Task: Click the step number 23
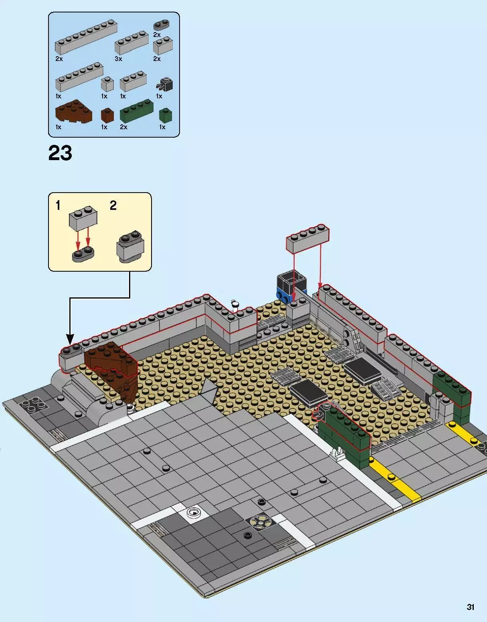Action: [x=60, y=153]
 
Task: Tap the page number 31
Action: [x=470, y=607]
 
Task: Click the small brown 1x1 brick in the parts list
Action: [x=107, y=116]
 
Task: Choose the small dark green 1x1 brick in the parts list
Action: [x=166, y=116]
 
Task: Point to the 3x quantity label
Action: [x=118, y=59]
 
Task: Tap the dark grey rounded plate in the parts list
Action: [x=162, y=25]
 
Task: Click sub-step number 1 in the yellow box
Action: [x=58, y=206]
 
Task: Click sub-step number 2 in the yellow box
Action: [x=113, y=206]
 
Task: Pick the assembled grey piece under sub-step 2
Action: [x=130, y=247]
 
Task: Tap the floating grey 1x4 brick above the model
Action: [x=307, y=239]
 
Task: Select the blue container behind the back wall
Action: [x=291, y=286]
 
